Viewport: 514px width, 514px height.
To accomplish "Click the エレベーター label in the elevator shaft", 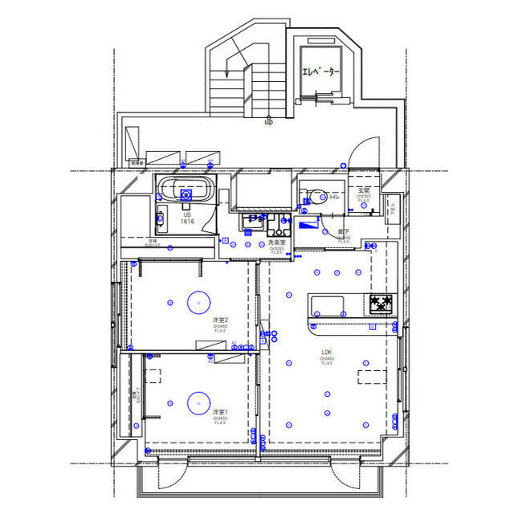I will [321, 72].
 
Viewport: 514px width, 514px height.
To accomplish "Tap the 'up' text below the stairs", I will [268, 122].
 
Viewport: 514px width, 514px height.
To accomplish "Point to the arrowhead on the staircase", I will [227, 73].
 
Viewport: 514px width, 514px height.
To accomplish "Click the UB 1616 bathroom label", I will [187, 219].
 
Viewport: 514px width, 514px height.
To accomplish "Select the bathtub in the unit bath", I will [186, 191].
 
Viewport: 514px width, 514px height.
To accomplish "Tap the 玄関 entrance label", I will [364, 190].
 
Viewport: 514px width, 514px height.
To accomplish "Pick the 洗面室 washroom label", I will [277, 242].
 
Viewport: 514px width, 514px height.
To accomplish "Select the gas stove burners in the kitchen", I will [381, 304].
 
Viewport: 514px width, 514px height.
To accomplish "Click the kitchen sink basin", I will [327, 305].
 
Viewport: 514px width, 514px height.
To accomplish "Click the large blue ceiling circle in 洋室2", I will [198, 302].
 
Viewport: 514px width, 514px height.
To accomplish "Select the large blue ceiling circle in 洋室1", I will [198, 402].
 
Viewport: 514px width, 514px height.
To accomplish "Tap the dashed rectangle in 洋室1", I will [153, 377].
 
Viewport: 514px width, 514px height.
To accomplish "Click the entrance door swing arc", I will [365, 151].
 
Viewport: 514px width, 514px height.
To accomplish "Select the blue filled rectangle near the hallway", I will [308, 226].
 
